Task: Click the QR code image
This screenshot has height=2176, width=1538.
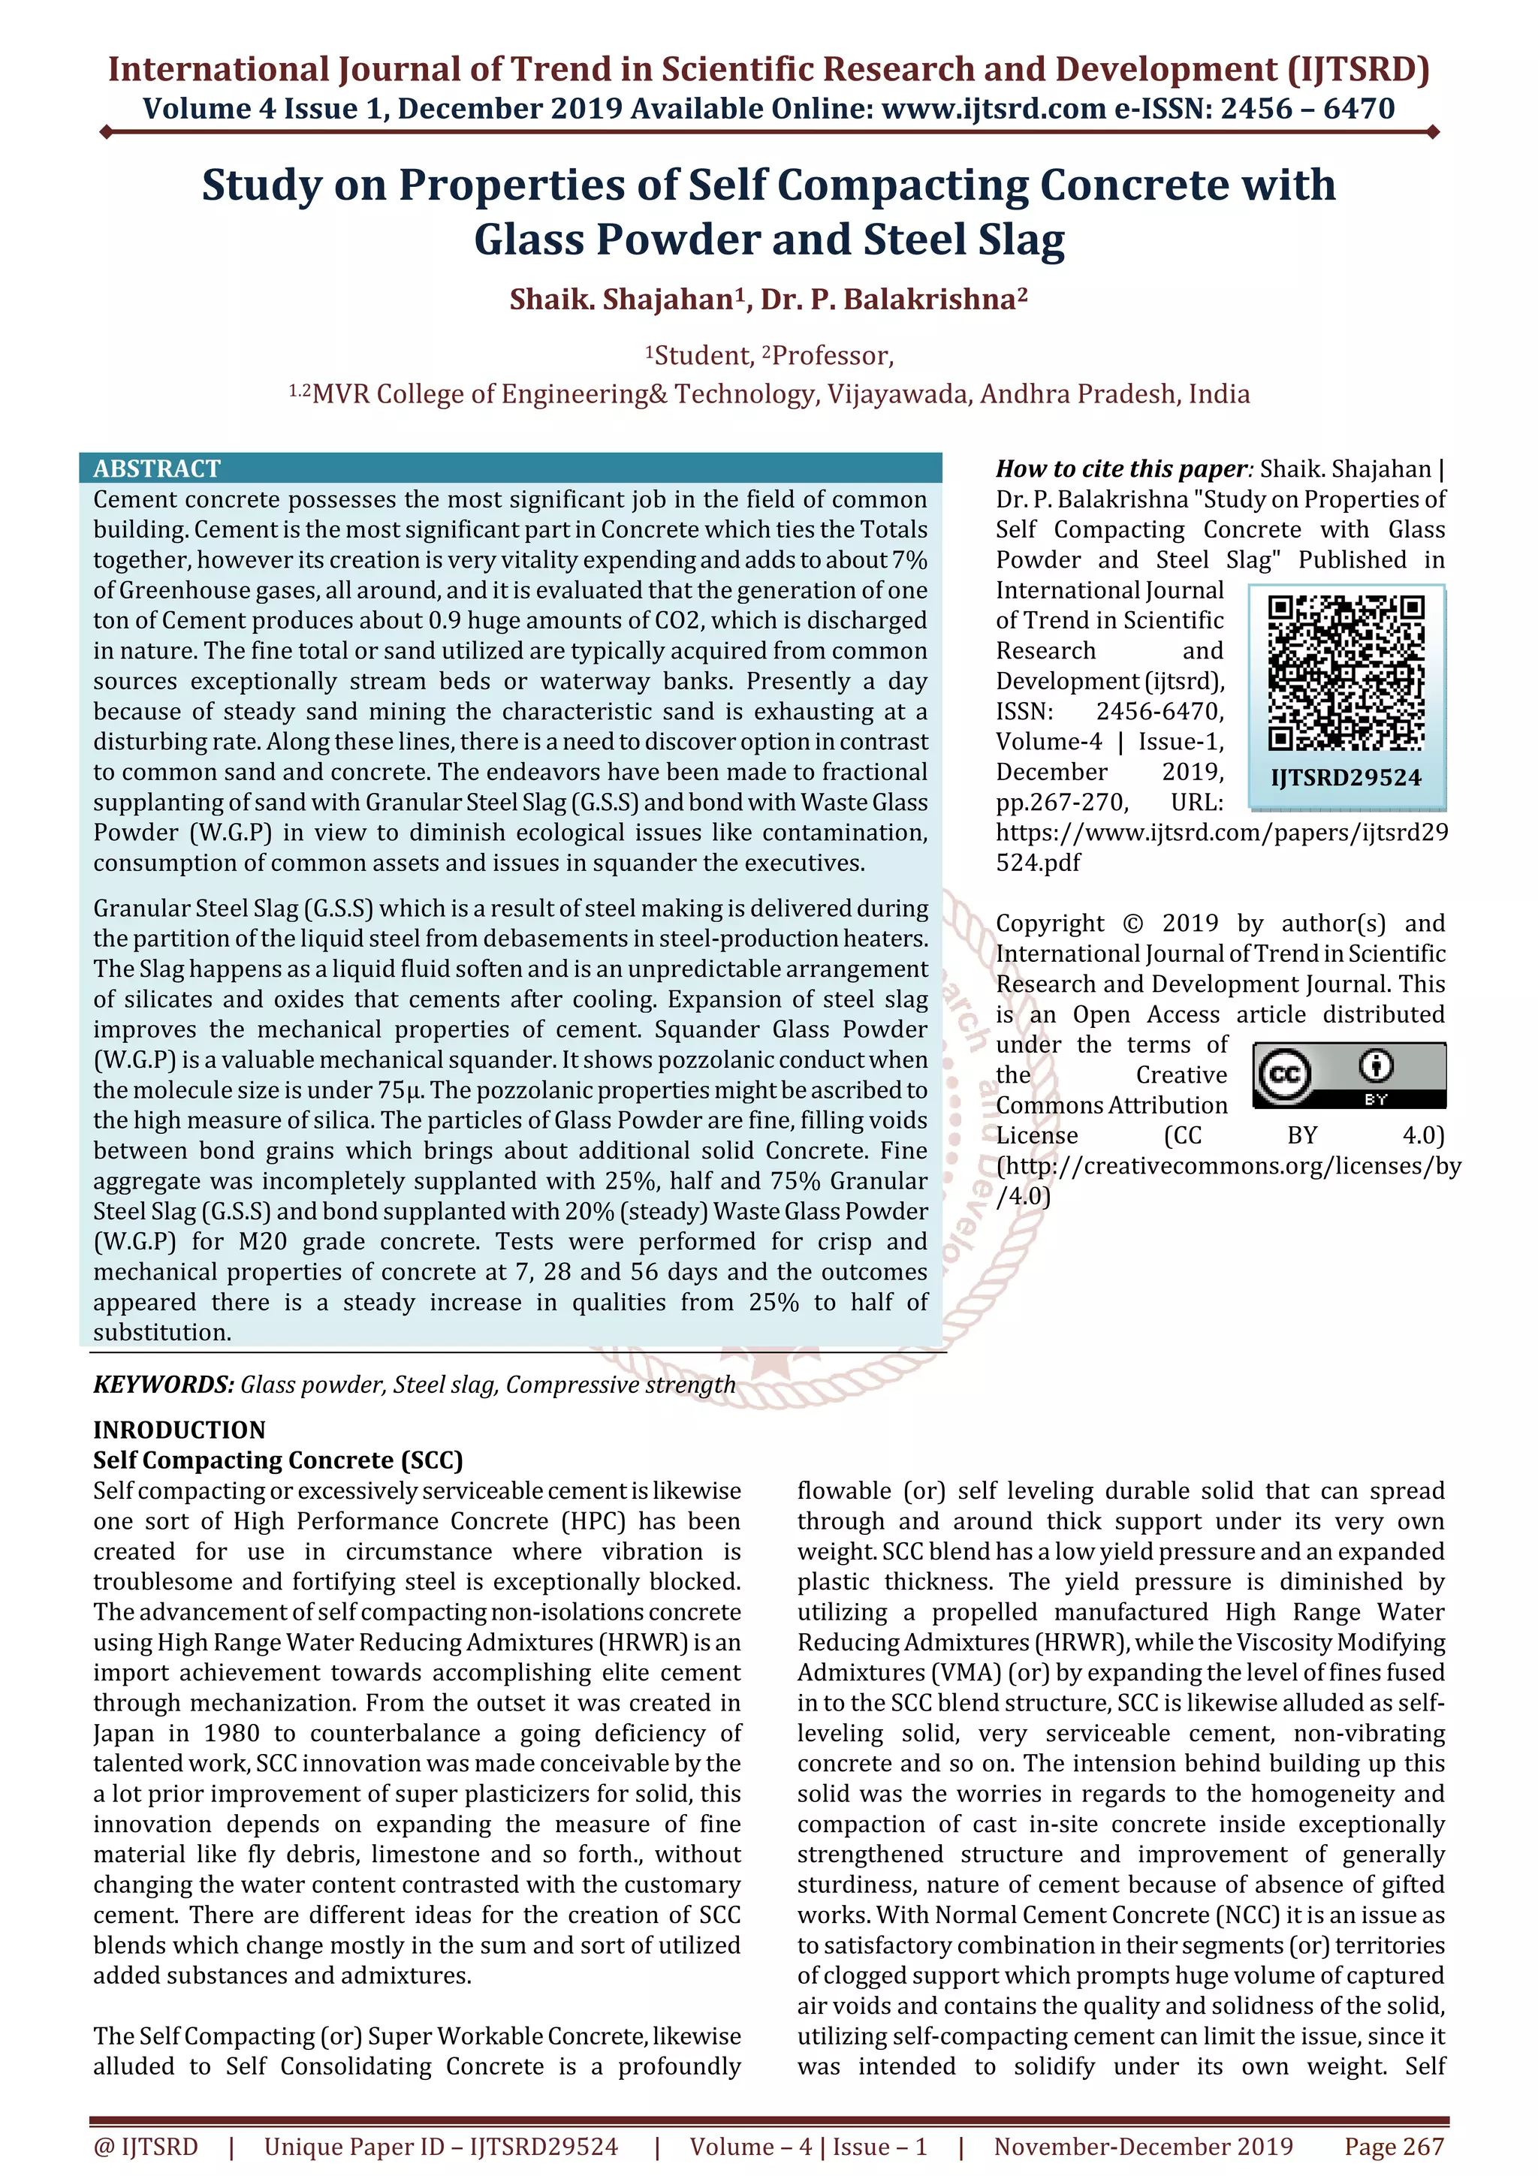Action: click(1346, 673)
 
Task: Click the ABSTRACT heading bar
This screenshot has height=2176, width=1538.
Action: click(510, 469)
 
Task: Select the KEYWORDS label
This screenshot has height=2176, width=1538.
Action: click(163, 1385)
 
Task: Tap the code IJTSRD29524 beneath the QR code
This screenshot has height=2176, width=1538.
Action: click(1346, 778)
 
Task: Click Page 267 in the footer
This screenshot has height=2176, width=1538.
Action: click(1393, 2147)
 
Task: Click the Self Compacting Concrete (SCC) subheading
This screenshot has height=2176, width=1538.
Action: click(278, 1460)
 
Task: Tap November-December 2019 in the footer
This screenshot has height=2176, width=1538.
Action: click(1143, 2147)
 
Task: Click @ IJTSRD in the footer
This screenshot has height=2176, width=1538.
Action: click(146, 2147)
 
